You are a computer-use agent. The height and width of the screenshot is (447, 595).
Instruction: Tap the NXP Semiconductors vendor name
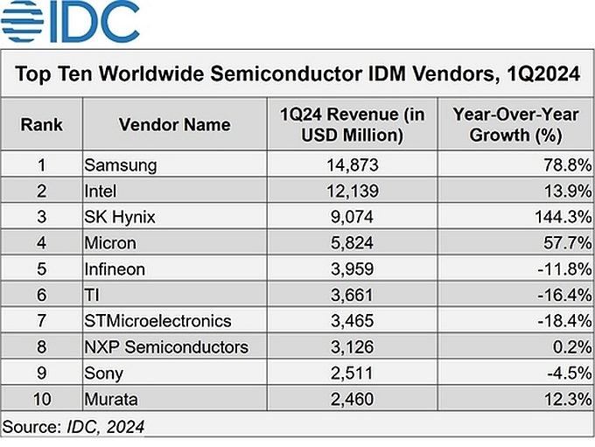coord(166,346)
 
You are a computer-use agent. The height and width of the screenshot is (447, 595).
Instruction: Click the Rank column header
coord(42,124)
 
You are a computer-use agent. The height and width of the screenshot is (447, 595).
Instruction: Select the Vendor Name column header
coord(174,124)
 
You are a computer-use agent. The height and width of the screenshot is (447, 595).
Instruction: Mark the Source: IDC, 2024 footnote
coord(73,427)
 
